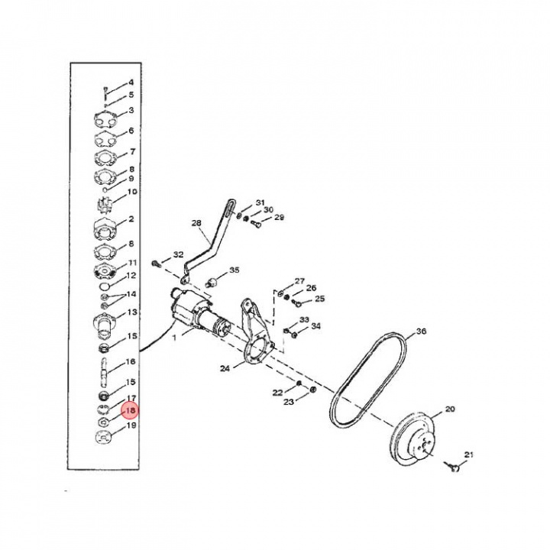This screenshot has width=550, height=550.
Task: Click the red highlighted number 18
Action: coord(130,410)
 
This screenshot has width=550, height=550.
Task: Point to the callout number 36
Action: coord(421,332)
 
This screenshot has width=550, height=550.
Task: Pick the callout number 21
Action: coord(468,455)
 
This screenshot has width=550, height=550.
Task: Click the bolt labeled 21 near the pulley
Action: coord(451,465)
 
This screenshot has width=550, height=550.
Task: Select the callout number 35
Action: coord(235,270)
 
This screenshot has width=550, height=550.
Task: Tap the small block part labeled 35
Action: coord(214,280)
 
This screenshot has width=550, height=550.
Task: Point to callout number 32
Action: coord(178,254)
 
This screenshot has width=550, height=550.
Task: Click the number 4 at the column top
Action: coord(131,82)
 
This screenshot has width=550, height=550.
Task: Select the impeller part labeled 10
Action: coord(105,205)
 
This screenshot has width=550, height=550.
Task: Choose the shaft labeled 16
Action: coord(105,373)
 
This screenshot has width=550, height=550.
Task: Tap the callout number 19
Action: coord(131,425)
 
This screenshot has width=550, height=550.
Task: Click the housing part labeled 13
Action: coord(105,322)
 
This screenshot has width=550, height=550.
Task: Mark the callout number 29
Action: coord(279,218)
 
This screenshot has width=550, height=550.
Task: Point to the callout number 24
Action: coord(225,368)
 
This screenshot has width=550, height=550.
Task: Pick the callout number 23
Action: coord(289,401)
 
